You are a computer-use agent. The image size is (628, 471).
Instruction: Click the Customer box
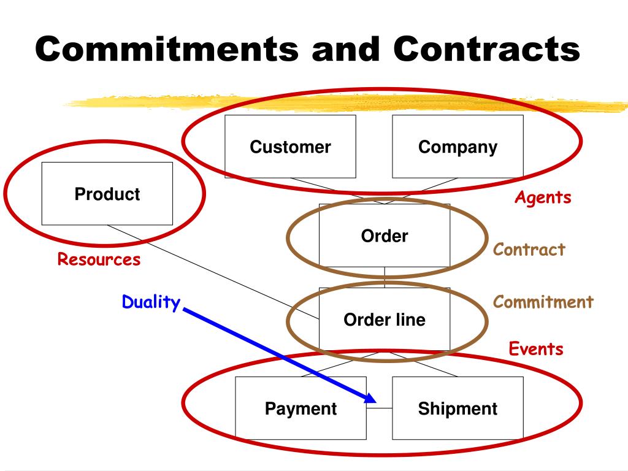[290, 147]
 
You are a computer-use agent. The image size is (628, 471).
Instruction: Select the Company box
[458, 147]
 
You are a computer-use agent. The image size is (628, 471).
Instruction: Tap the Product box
[107, 194]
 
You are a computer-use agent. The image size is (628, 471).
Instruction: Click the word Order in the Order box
[385, 236]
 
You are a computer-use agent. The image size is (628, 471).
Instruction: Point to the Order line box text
[385, 320]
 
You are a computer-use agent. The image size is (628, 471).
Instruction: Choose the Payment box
[301, 408]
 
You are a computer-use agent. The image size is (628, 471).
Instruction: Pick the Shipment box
[458, 408]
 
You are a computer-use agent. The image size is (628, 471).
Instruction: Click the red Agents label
[543, 197]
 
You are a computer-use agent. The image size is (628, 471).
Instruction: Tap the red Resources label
[99, 259]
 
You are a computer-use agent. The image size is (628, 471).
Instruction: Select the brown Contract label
[529, 250]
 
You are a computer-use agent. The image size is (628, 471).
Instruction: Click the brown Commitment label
[543, 302]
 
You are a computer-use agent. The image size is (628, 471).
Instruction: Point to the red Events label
[536, 349]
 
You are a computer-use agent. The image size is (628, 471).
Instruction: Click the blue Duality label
[151, 302]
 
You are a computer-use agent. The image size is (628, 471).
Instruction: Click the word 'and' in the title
[345, 49]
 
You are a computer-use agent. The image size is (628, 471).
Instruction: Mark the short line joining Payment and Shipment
[380, 408]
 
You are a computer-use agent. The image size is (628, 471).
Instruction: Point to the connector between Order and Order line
[385, 277]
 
